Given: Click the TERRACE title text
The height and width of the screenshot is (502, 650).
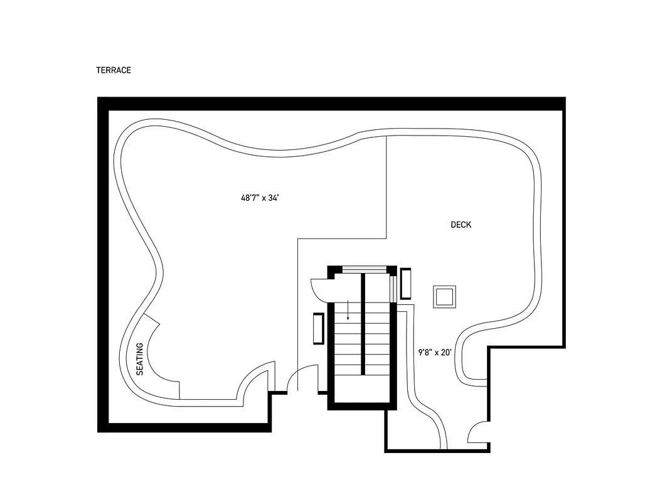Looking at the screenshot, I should [114, 70].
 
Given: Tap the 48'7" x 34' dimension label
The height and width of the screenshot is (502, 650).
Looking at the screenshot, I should [259, 198].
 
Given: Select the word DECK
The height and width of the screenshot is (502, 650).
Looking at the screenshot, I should [461, 225].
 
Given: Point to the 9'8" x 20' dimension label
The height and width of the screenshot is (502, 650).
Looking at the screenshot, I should [435, 353].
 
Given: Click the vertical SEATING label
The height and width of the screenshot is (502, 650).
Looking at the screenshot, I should [140, 358].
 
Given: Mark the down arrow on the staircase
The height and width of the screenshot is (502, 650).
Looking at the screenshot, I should [348, 310].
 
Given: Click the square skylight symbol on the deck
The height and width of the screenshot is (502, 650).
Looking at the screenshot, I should [444, 296].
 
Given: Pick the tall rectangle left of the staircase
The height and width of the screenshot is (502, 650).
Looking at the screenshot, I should [318, 328].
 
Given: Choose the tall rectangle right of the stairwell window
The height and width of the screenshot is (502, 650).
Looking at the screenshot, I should [406, 283].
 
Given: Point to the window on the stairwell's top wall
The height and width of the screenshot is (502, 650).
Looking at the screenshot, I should [363, 270].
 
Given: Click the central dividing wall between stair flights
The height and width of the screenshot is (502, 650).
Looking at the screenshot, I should [363, 326].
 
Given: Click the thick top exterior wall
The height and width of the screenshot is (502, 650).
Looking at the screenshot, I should [331, 104].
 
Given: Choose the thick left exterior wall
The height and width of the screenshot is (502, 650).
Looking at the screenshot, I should [103, 264].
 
